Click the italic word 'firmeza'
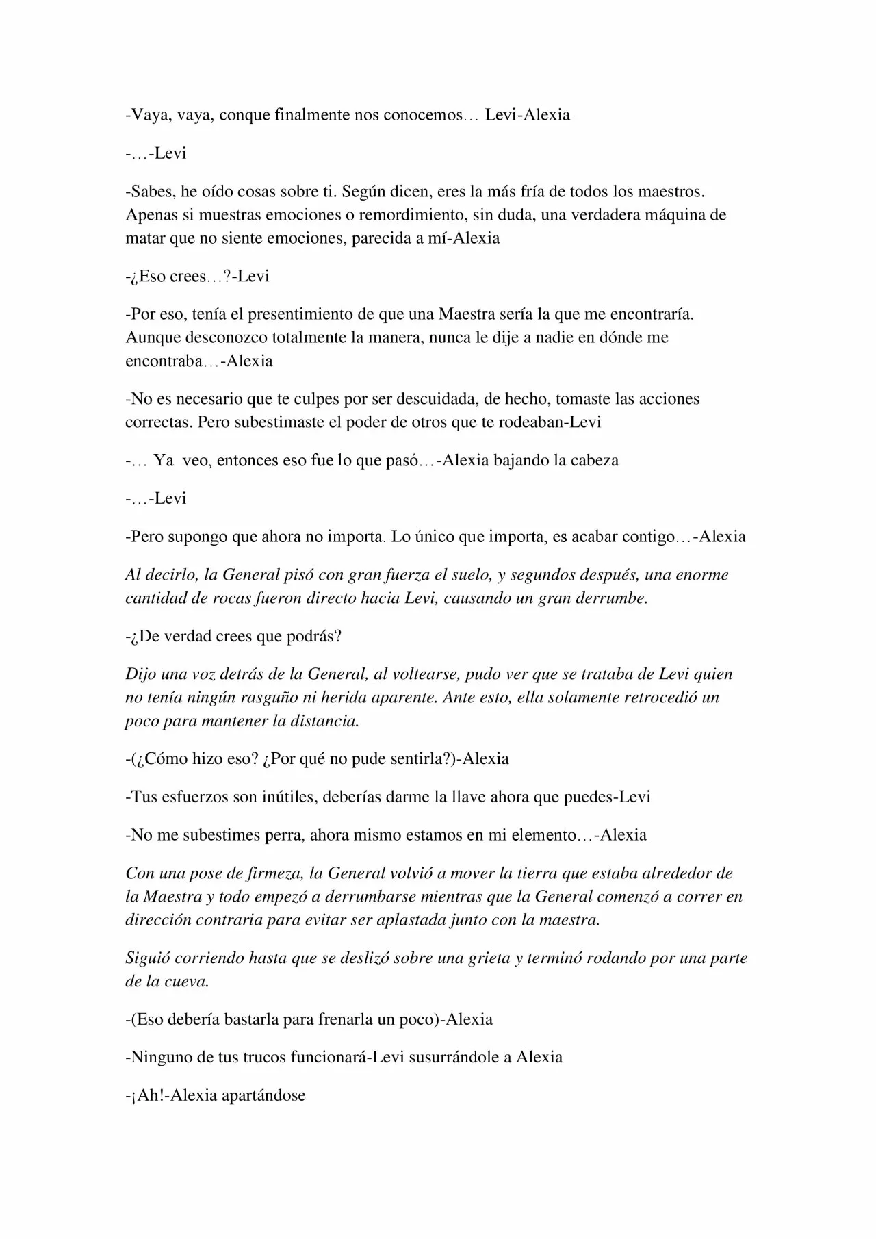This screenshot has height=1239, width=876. [265, 873]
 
